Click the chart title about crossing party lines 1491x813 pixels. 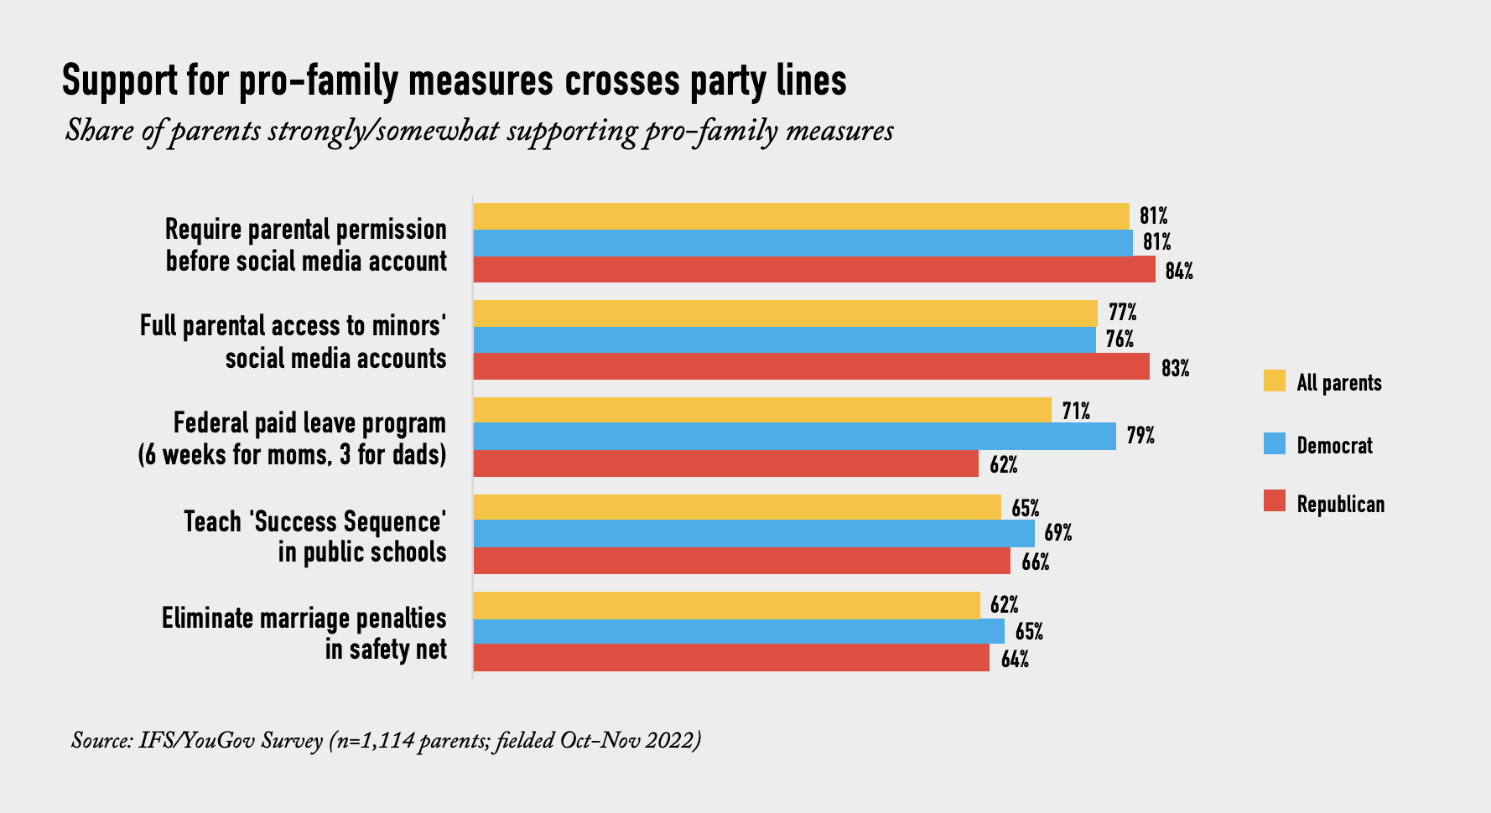(x=454, y=80)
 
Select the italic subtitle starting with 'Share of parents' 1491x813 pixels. (x=479, y=132)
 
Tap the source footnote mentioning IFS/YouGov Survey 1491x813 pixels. (x=386, y=741)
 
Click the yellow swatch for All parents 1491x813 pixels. (x=1275, y=381)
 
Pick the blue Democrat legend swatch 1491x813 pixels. (x=1275, y=444)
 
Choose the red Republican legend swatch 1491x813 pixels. (x=1275, y=502)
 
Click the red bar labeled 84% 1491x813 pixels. (x=813, y=270)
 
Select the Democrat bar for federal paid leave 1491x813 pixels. (x=794, y=437)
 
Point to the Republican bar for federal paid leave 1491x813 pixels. (x=725, y=463)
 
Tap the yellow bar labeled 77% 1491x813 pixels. (x=785, y=313)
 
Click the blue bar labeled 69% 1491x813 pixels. (x=754, y=534)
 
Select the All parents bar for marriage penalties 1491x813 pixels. (x=726, y=605)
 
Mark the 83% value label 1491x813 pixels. (x=1175, y=368)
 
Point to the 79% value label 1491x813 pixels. (x=1140, y=436)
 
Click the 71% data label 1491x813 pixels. (x=1076, y=411)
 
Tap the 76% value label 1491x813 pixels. (x=1120, y=339)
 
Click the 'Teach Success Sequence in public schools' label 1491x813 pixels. (x=315, y=536)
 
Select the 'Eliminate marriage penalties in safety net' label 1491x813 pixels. (x=304, y=634)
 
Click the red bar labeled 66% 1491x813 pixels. (x=741, y=561)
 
